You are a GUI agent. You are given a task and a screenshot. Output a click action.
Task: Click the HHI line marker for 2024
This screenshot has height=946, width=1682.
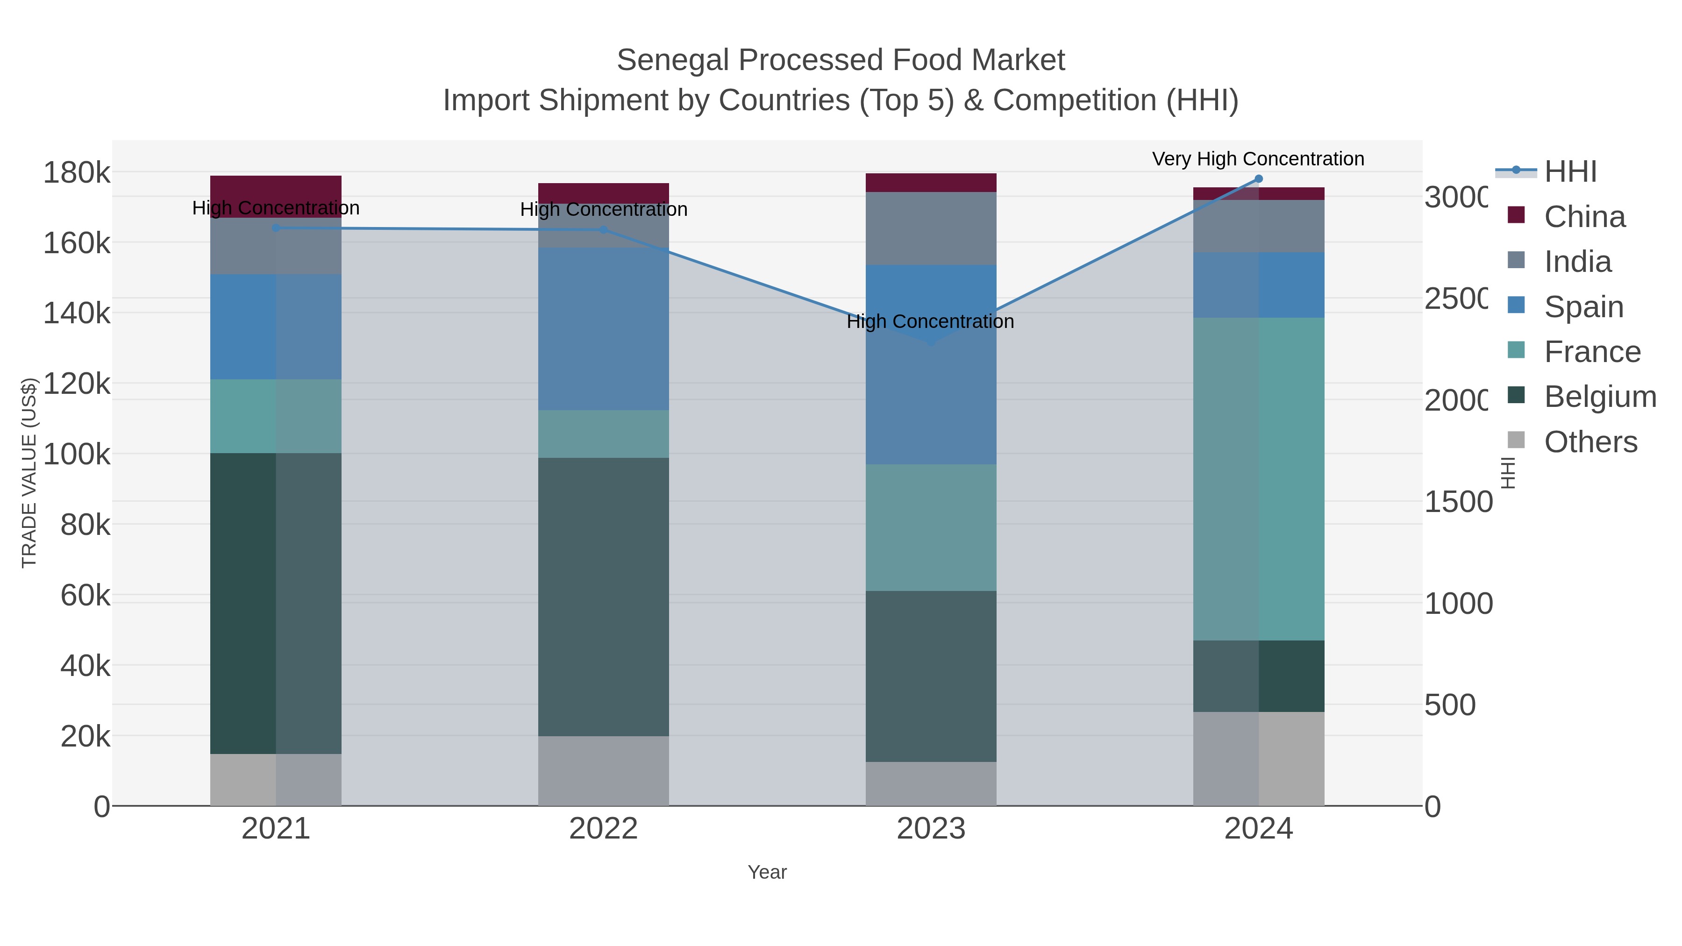tap(1258, 179)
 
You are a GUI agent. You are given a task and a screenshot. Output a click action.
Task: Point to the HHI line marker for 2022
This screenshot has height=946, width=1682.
tap(603, 230)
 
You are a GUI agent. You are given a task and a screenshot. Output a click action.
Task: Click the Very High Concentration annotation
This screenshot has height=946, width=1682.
tap(1258, 159)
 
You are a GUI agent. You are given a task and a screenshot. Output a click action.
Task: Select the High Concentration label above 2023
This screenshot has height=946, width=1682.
tap(930, 322)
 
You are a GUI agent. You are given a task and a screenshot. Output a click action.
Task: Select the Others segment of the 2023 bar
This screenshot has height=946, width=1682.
tap(930, 783)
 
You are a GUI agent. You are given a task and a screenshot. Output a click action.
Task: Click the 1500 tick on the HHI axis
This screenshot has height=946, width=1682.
tap(1457, 502)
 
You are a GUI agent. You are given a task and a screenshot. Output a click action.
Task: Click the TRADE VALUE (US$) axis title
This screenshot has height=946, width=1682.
tap(29, 473)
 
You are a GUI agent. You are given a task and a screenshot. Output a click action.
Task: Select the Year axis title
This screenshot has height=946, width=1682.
tap(767, 872)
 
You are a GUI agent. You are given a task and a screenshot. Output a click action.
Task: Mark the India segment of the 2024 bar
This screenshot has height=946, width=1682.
tap(1258, 226)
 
